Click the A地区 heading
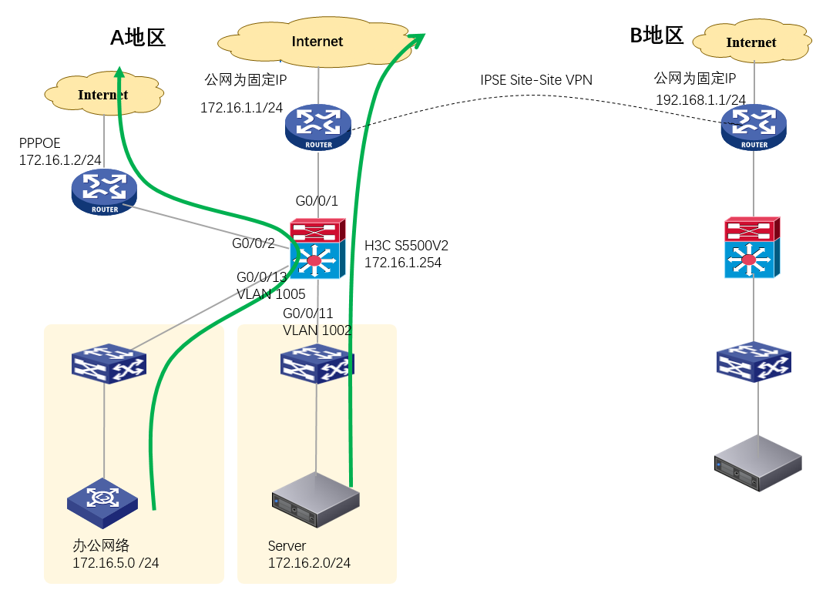pyautogui.click(x=138, y=37)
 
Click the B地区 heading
pyautogui.click(x=656, y=35)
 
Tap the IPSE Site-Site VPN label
pyautogui.click(x=536, y=79)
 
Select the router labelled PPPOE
pyautogui.click(x=104, y=192)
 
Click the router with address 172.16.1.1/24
pyautogui.click(x=317, y=128)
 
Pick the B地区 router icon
pyautogui.click(x=754, y=127)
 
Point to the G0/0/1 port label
pyautogui.click(x=317, y=201)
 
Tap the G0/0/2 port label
pyautogui.click(x=254, y=243)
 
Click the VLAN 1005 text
pyautogui.click(x=270, y=293)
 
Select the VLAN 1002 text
pyautogui.click(x=317, y=330)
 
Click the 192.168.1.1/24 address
pyautogui.click(x=700, y=100)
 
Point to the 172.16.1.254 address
pyautogui.click(x=402, y=263)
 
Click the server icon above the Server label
pyautogui.click(x=316, y=501)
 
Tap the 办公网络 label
pyautogui.click(x=101, y=545)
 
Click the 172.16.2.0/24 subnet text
pyautogui.click(x=309, y=563)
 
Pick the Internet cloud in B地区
pyautogui.click(x=751, y=42)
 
